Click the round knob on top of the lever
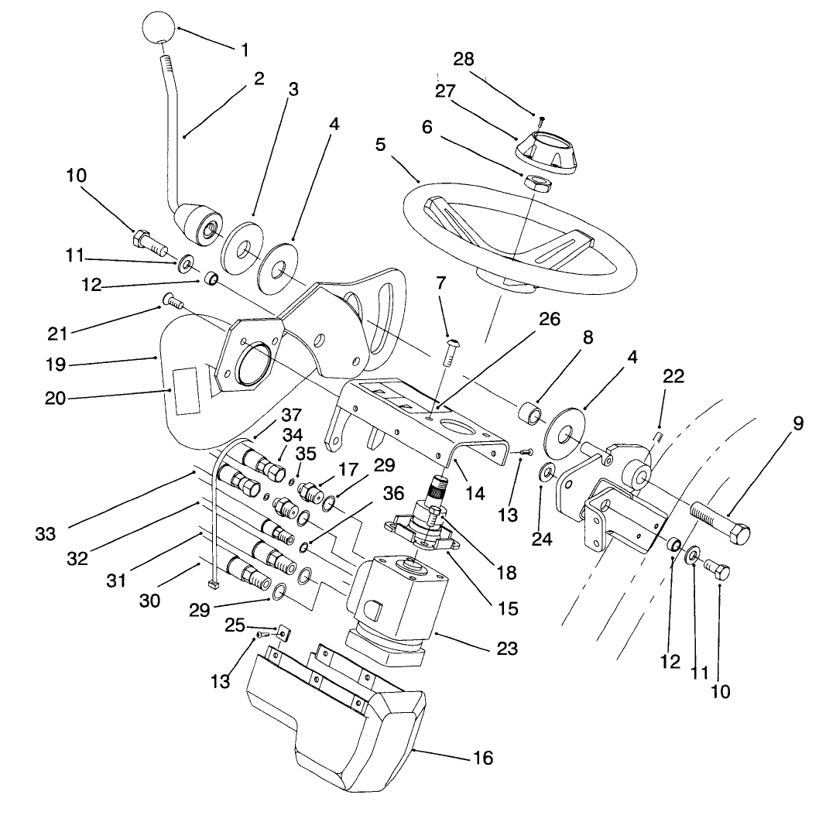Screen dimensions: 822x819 point(159,30)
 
